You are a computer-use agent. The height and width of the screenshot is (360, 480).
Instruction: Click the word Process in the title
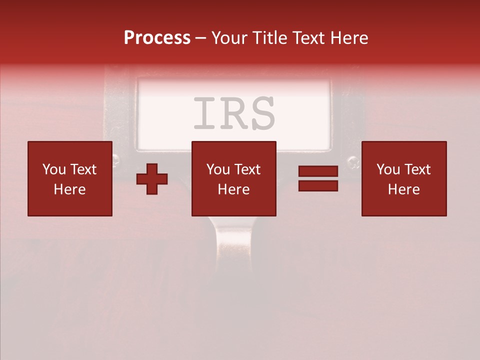tap(157, 38)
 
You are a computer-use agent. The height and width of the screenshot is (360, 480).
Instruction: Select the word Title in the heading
tap(271, 38)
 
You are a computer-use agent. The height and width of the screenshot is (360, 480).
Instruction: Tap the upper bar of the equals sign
tap(318, 171)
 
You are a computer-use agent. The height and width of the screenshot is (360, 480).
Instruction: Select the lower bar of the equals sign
tap(318, 185)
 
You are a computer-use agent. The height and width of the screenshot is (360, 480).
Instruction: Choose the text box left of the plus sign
tap(70, 178)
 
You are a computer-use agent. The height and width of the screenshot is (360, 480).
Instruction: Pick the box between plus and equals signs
tap(233, 178)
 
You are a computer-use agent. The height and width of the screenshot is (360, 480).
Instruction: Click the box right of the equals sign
tap(404, 178)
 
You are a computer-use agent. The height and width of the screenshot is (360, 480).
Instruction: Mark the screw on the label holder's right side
tap(353, 161)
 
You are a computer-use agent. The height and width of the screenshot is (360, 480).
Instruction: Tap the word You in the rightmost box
tap(388, 169)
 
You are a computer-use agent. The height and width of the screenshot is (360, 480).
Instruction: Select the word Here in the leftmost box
tap(69, 189)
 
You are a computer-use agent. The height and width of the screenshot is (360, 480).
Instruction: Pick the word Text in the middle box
tap(247, 169)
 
